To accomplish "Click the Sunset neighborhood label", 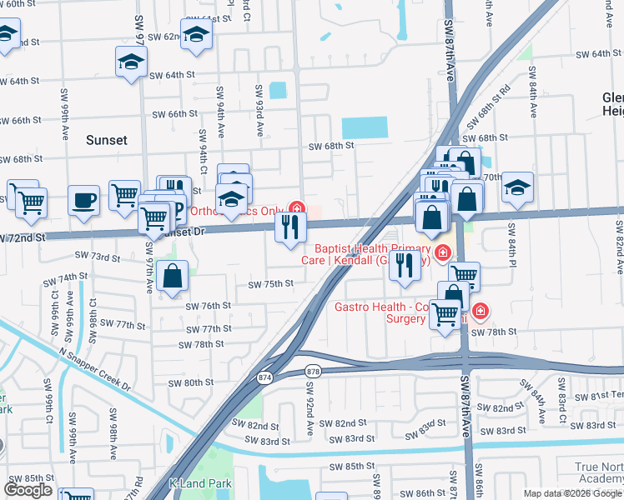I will [x=107, y=140].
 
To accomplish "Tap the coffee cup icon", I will [x=84, y=201].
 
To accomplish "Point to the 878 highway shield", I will [x=313, y=371].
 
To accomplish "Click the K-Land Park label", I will [x=199, y=483].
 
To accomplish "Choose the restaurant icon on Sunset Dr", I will [x=290, y=227].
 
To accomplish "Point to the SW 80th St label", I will [x=191, y=383].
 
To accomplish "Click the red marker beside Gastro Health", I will [x=480, y=312].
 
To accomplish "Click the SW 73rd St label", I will [x=98, y=257].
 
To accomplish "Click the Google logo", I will [x=28, y=490].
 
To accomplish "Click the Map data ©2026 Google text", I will [x=572, y=493].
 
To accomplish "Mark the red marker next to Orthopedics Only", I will [x=295, y=208].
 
